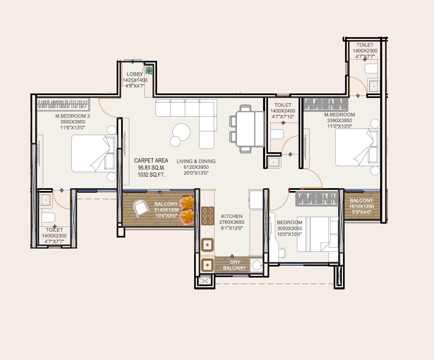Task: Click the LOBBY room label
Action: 135,74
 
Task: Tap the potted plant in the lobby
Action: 149,71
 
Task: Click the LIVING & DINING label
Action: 196,161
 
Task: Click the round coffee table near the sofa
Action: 181,132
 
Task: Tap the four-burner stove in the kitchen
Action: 208,216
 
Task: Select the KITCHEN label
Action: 232,216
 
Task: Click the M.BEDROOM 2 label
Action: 73,116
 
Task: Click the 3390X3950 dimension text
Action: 339,121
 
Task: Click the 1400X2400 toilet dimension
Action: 283,111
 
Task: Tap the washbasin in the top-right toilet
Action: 373,86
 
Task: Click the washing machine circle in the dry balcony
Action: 257,265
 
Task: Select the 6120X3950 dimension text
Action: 196,167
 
